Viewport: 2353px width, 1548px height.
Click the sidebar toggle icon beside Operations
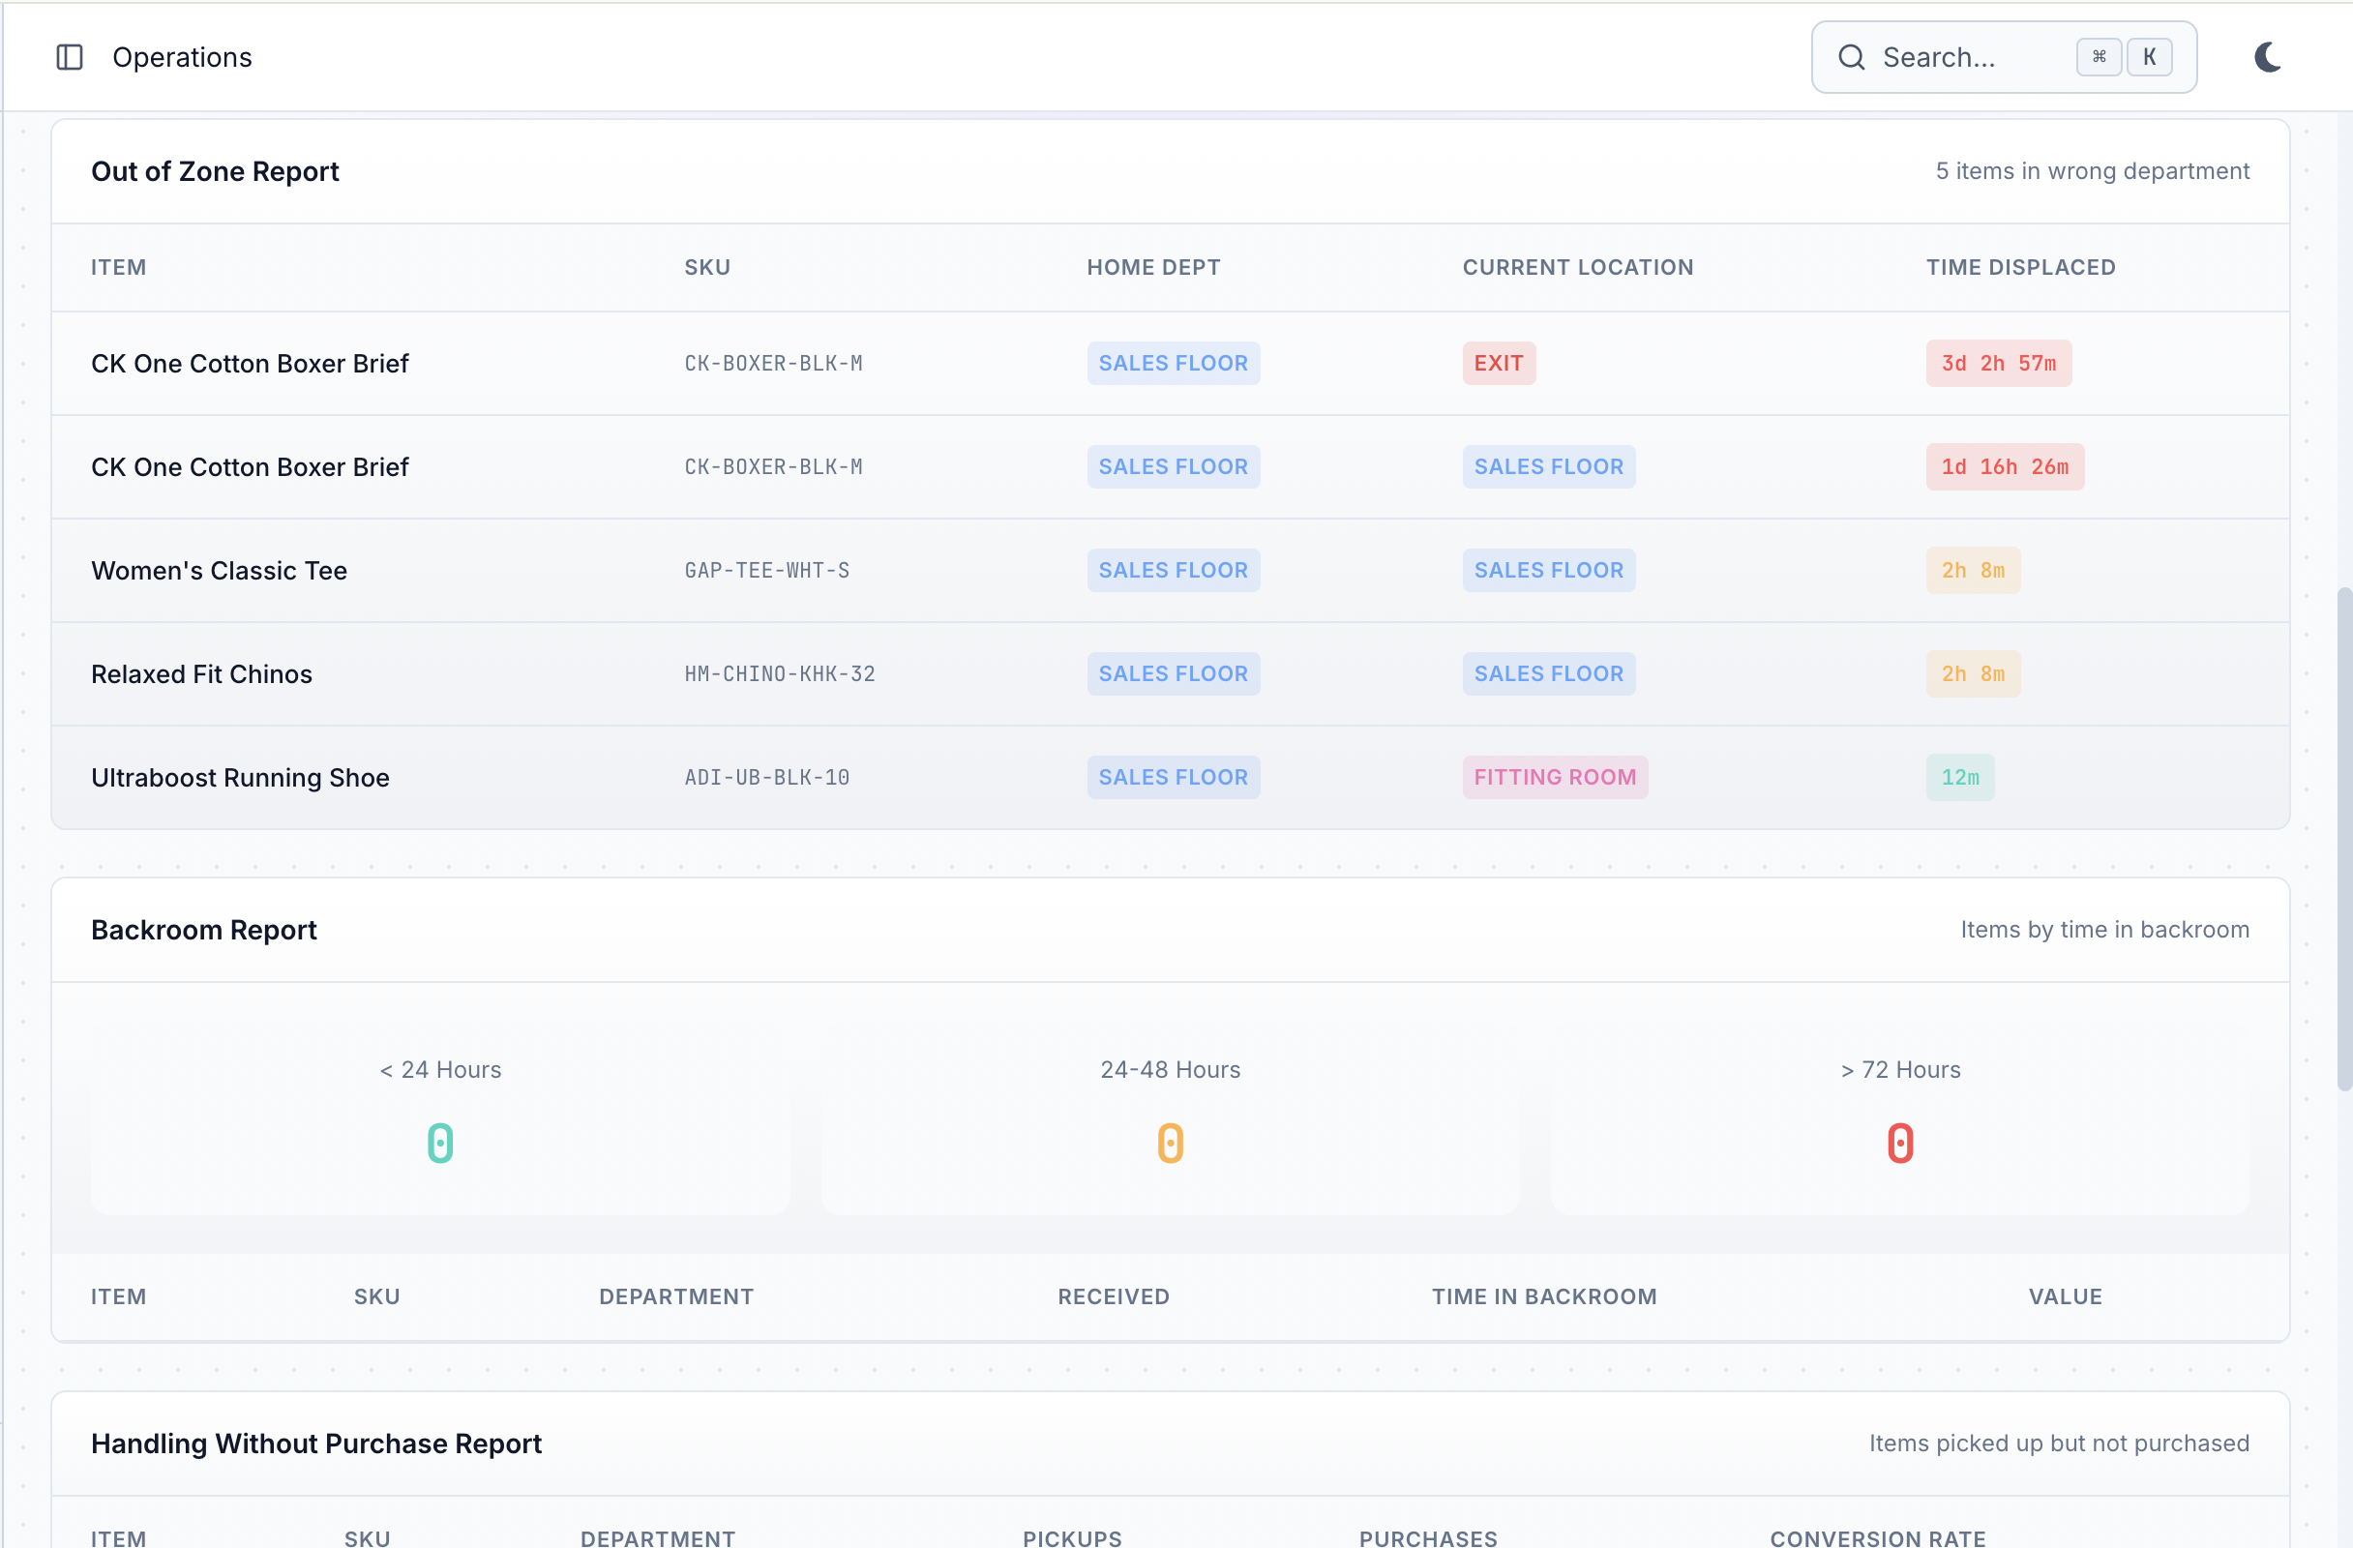(x=70, y=57)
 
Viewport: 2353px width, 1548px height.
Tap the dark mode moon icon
(x=2267, y=57)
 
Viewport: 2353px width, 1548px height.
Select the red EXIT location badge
(x=1498, y=364)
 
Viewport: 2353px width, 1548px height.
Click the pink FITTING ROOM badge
(x=1554, y=777)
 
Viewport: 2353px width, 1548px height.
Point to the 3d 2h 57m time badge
(x=1997, y=364)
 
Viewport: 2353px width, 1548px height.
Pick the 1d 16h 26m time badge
(x=2004, y=466)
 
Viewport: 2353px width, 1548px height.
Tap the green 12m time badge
(x=1959, y=777)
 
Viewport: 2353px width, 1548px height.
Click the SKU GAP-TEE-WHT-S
(x=766, y=571)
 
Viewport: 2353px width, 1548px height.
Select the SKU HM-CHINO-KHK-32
(x=779, y=674)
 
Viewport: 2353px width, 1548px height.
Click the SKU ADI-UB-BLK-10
(x=766, y=777)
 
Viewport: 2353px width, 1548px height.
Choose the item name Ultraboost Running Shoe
(x=240, y=777)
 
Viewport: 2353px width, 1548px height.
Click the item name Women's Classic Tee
(x=219, y=571)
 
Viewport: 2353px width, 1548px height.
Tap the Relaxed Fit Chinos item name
(x=201, y=674)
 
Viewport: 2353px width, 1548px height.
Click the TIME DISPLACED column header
(x=2020, y=267)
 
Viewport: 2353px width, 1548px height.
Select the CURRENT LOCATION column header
(x=1577, y=267)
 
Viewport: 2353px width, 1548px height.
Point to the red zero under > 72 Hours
(x=1899, y=1143)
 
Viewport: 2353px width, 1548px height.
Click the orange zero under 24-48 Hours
(x=1170, y=1143)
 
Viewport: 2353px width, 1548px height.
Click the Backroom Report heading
(x=204, y=929)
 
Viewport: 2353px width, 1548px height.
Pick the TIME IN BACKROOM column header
(x=1543, y=1295)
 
